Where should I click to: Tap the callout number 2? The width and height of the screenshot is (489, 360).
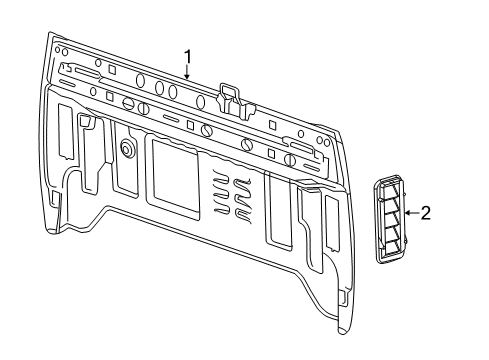click(425, 212)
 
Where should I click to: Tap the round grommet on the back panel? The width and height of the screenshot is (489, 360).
click(128, 148)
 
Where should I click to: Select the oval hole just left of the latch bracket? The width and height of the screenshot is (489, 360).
click(202, 102)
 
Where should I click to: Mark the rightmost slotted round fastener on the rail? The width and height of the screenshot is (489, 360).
click(289, 159)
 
